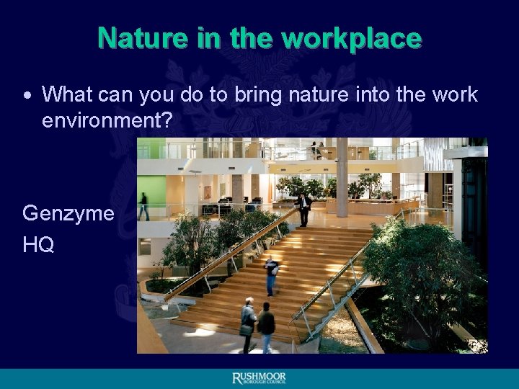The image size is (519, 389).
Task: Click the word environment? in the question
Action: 107,120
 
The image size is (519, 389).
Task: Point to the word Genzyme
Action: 68,213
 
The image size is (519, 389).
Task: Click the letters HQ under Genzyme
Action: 38,245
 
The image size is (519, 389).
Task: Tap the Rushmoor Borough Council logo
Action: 259,378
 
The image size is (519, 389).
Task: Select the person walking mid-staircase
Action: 271,276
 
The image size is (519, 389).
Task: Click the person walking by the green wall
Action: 143,206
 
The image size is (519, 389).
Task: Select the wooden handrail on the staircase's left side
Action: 231,249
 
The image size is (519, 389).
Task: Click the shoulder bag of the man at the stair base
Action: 247,328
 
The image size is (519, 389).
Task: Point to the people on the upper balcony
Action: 317,150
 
